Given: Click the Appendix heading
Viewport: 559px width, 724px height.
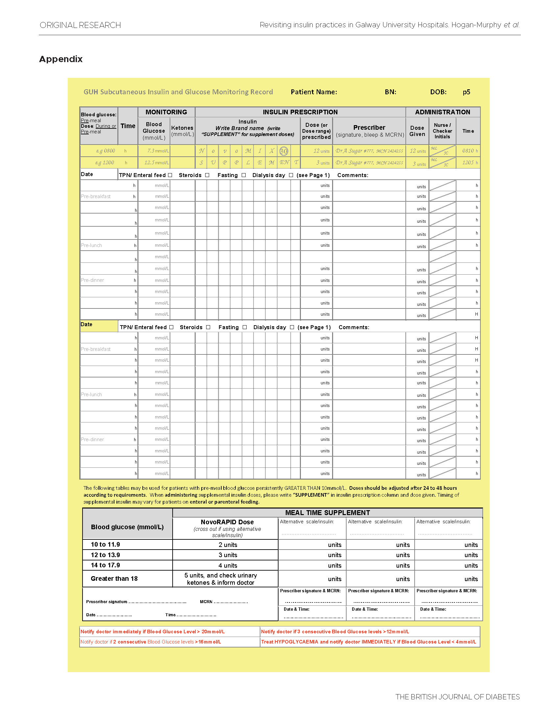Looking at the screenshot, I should (x=61, y=59).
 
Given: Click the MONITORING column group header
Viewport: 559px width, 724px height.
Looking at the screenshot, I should (x=166, y=112).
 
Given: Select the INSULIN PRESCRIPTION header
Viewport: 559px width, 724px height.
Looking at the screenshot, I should (x=300, y=112).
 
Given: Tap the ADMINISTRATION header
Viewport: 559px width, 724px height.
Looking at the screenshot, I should (x=442, y=112).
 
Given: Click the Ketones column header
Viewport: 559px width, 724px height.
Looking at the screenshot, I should (x=182, y=131).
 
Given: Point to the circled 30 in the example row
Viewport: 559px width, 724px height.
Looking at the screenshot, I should (x=284, y=151).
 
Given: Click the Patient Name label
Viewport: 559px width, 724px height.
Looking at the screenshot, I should (x=313, y=92).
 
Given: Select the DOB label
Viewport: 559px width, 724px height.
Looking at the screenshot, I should (x=438, y=92).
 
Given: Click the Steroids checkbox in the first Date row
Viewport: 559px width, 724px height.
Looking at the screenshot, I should (x=207, y=175).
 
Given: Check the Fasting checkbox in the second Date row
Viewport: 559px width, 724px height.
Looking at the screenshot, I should (x=245, y=327).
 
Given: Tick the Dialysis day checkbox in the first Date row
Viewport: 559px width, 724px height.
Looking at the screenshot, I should (x=291, y=175).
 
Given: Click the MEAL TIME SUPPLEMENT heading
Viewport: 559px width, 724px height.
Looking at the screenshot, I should (x=328, y=512).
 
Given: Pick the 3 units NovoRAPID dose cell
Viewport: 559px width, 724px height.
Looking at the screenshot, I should (x=228, y=555).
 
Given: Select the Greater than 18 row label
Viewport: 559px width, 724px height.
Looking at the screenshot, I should (x=114, y=578).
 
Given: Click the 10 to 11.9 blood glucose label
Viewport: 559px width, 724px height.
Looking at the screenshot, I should (x=105, y=544).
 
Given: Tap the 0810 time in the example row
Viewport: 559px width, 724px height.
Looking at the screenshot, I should (x=468, y=151).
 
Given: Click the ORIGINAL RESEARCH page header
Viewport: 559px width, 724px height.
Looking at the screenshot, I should (x=80, y=25).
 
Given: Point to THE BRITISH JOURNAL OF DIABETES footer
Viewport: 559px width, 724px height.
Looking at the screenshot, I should (x=457, y=697).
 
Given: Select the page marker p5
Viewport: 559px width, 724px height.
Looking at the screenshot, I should (x=466, y=92).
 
